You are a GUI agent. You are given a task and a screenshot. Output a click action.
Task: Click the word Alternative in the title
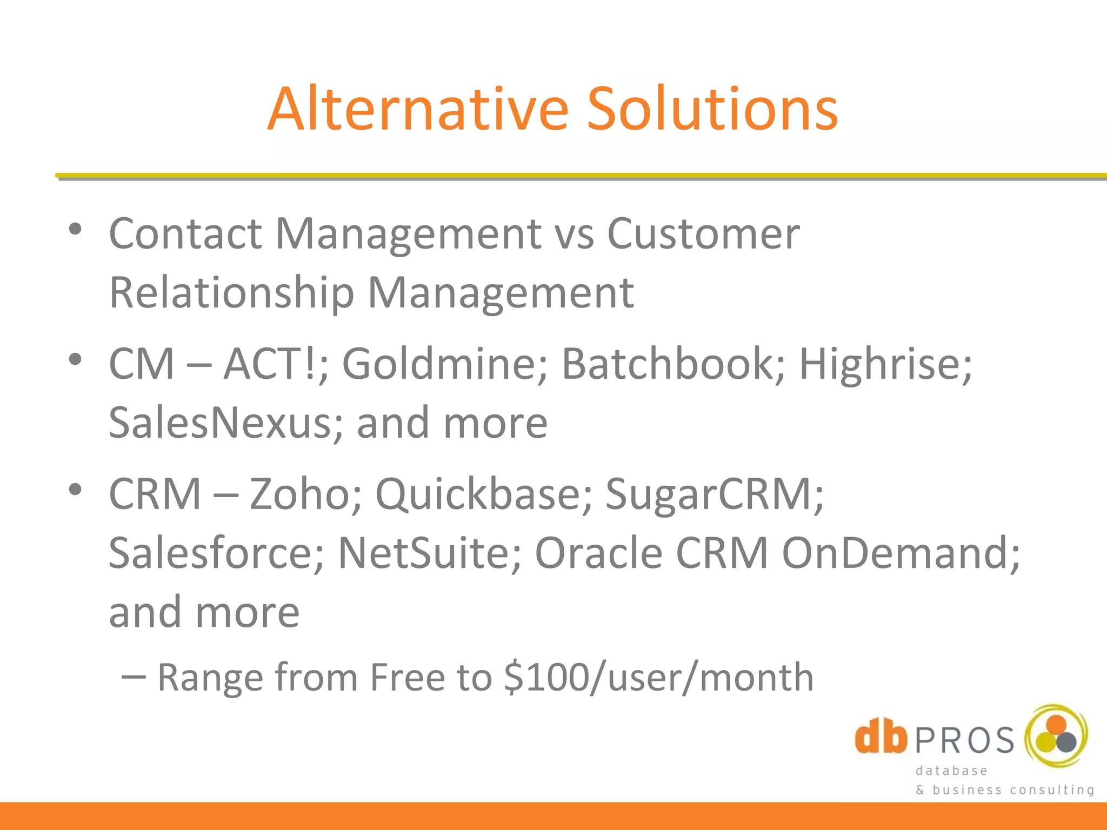click(x=418, y=109)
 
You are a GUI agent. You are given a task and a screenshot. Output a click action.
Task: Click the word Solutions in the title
click(x=712, y=109)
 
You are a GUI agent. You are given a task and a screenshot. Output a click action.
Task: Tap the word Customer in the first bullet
click(x=703, y=234)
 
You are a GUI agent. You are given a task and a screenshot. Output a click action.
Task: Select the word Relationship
click(x=231, y=293)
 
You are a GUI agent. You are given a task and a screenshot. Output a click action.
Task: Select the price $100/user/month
click(x=658, y=678)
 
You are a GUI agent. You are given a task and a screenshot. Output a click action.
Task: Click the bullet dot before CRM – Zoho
click(x=75, y=490)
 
